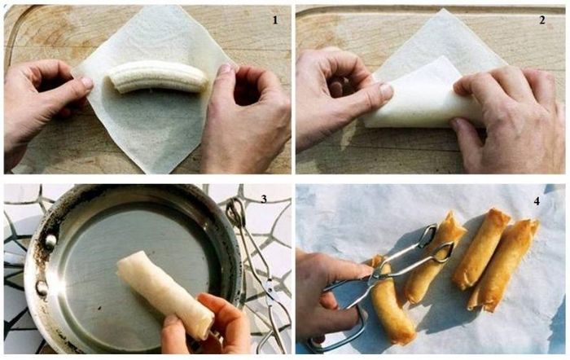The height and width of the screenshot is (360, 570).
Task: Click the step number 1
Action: click(275, 20)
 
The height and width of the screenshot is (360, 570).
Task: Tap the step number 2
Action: click(541, 20)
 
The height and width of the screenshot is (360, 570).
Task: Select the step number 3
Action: click(264, 199)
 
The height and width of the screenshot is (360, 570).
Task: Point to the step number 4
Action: click(537, 201)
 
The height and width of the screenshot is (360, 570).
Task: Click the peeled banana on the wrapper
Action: click(159, 77)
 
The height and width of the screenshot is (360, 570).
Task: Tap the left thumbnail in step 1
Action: click(87, 82)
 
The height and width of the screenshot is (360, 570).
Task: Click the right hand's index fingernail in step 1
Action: click(226, 68)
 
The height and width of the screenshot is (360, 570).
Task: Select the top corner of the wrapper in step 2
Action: click(442, 10)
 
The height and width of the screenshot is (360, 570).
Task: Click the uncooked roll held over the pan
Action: click(164, 294)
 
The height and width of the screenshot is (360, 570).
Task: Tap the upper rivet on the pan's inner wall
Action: click(50, 241)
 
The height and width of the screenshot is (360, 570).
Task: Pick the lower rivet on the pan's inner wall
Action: click(42, 288)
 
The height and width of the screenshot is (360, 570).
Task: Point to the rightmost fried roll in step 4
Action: click(502, 265)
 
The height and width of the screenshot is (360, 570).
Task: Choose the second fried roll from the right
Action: click(480, 248)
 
